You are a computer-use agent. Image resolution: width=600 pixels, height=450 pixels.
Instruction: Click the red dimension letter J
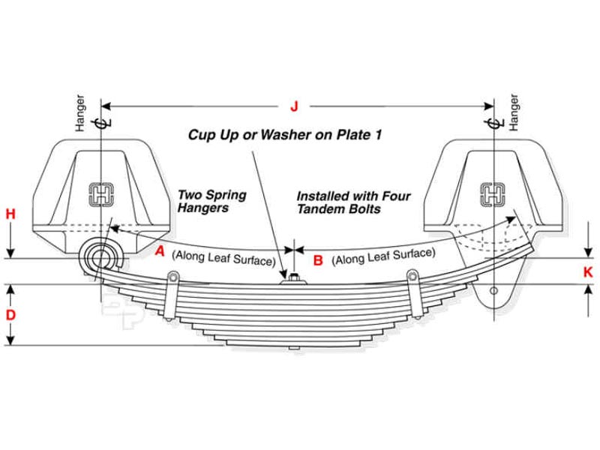(x=294, y=106)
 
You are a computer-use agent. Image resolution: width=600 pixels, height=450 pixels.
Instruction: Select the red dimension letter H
(x=10, y=214)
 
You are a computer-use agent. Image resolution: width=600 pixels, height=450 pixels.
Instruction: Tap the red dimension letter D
(x=10, y=315)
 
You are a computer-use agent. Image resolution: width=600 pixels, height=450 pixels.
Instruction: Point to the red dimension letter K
(x=588, y=272)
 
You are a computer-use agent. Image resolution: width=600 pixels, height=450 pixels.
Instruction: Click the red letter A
(x=159, y=252)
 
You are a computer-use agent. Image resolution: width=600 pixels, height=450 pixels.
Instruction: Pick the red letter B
(x=318, y=260)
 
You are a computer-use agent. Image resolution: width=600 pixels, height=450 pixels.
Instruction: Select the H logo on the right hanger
(x=493, y=194)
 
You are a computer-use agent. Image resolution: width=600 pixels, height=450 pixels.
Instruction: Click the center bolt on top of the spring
(x=293, y=279)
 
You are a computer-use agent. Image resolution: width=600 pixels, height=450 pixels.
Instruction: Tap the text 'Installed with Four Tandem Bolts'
(x=353, y=202)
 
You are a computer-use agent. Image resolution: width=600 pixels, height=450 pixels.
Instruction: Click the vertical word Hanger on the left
(x=82, y=113)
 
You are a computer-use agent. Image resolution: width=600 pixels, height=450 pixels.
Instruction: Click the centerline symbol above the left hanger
(x=103, y=121)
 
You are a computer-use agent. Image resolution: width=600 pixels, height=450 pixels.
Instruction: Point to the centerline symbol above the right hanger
(x=491, y=121)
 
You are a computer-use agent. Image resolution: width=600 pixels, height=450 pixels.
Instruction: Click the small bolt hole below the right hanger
(x=493, y=290)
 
